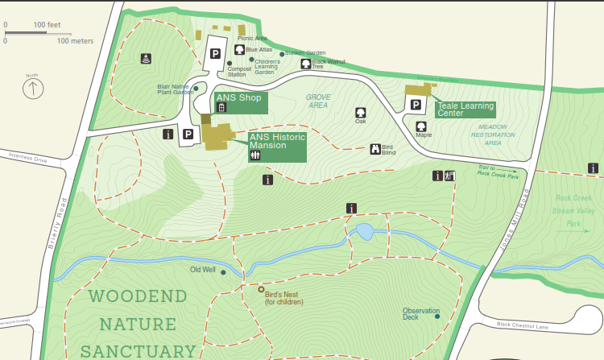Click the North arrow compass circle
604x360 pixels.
coord(32,88)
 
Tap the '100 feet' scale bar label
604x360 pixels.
coord(48,25)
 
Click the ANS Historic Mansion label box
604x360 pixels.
coord(277,147)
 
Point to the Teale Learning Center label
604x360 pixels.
coord(465,110)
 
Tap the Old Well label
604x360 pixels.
coord(202,270)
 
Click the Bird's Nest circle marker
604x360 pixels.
coord(260,289)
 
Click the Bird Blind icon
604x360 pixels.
coord(375,148)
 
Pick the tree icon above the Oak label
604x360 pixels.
coord(360,112)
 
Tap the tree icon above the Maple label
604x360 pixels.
coord(420,126)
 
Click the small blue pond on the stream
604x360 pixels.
coord(364,233)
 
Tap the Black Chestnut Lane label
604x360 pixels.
coord(522,325)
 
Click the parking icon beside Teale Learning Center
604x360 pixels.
coord(416,104)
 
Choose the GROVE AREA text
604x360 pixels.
coord(317,101)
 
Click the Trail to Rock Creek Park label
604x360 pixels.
coord(496,170)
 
